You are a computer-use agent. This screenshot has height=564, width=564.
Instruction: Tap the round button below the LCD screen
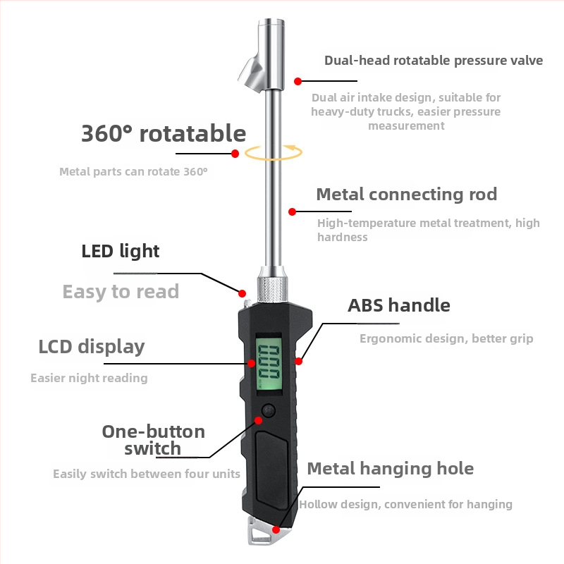click(x=269, y=410)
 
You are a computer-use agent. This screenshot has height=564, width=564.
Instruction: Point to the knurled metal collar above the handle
click(x=272, y=290)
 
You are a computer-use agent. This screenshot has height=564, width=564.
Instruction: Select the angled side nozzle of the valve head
click(x=252, y=75)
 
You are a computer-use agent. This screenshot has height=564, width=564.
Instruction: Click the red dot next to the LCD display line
click(x=252, y=363)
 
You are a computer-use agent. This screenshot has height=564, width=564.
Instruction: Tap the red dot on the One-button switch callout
click(x=258, y=420)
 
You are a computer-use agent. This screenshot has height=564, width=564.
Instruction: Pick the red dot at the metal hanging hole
click(x=276, y=529)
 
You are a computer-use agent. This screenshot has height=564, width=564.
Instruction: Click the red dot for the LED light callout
click(x=243, y=293)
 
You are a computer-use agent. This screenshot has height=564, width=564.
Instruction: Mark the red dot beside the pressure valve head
click(x=298, y=81)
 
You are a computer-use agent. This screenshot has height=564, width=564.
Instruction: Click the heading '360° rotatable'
click(x=164, y=133)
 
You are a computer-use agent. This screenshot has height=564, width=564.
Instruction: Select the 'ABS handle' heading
click(x=399, y=305)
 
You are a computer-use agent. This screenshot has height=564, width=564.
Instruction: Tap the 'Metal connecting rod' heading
click(x=407, y=195)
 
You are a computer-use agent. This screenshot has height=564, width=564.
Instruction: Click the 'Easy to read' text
click(x=121, y=292)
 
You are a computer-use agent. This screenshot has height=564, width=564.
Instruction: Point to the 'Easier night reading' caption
click(x=90, y=378)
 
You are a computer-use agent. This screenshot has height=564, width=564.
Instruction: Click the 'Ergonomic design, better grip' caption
click(x=446, y=338)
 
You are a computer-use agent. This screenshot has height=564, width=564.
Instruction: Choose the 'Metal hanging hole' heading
click(x=391, y=469)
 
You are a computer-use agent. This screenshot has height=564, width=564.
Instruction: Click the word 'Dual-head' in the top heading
click(x=357, y=61)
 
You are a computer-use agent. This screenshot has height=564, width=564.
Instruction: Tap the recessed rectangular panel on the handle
click(x=272, y=468)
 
